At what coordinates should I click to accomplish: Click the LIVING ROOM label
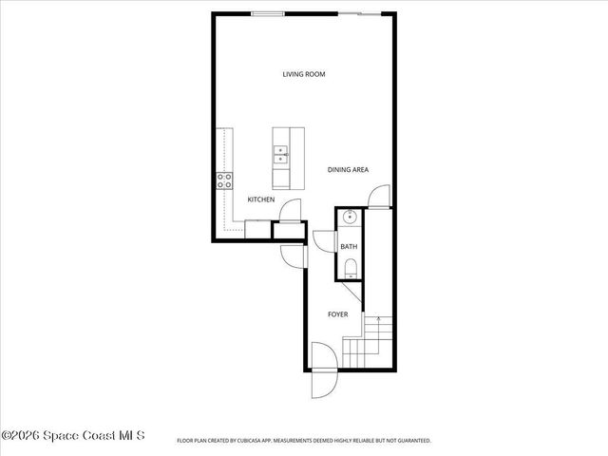point(304,74)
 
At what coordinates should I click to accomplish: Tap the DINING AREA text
point(348,170)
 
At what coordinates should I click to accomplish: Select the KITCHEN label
point(261,199)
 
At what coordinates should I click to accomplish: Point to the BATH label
point(349,247)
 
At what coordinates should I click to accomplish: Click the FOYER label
point(337,314)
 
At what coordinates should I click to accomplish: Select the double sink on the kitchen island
point(282,155)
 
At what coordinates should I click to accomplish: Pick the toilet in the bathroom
point(350,267)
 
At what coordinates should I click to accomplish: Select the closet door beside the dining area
point(378,197)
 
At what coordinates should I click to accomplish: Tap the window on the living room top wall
point(267,13)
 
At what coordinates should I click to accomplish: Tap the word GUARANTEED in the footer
point(410,441)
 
